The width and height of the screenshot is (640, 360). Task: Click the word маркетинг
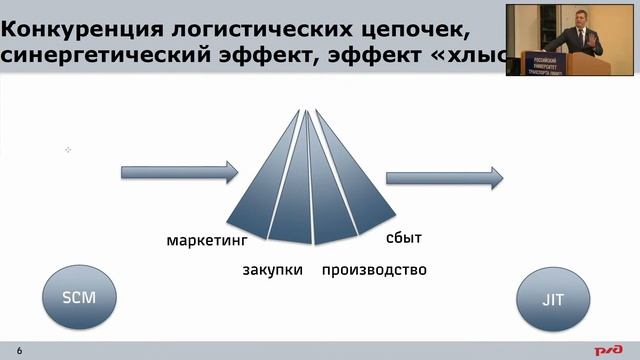coord(206,241)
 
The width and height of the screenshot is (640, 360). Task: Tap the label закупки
coord(272,270)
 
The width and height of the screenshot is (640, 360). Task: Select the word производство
coord(374,270)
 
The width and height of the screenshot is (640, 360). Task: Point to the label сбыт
coord(404,238)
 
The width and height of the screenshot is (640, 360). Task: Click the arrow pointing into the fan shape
coord(179,171)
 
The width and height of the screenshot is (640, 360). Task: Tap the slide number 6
coord(19,349)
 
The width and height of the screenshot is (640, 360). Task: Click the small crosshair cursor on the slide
coord(68,150)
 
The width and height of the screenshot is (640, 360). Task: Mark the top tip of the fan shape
coord(305,108)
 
